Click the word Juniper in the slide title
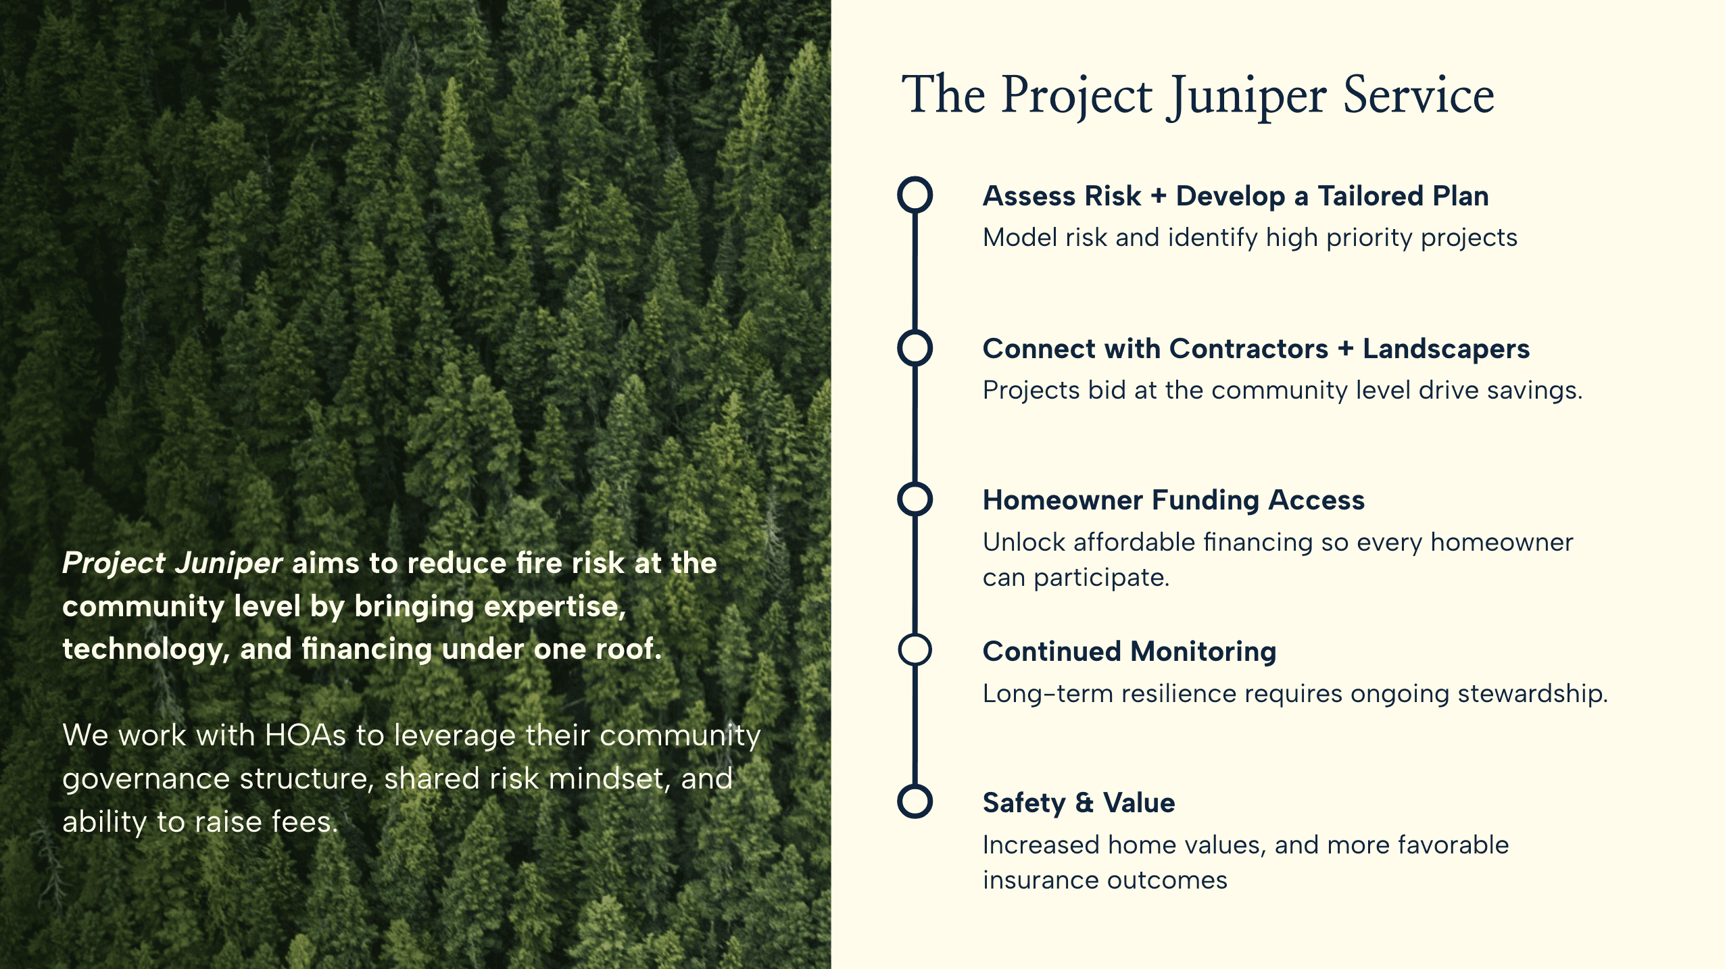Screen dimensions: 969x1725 (x=1247, y=96)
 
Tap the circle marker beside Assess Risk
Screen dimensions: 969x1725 (x=915, y=195)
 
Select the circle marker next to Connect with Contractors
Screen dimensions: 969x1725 (x=915, y=348)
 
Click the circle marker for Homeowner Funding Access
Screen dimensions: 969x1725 (x=915, y=499)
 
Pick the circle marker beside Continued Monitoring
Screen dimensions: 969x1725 (x=915, y=650)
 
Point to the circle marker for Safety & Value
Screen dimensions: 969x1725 (x=915, y=801)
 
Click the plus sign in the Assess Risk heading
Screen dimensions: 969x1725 (x=1158, y=196)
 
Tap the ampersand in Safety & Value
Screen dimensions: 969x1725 (x=1084, y=803)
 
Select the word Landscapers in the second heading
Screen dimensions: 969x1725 (x=1446, y=349)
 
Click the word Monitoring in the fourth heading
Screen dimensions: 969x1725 (x=1203, y=651)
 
